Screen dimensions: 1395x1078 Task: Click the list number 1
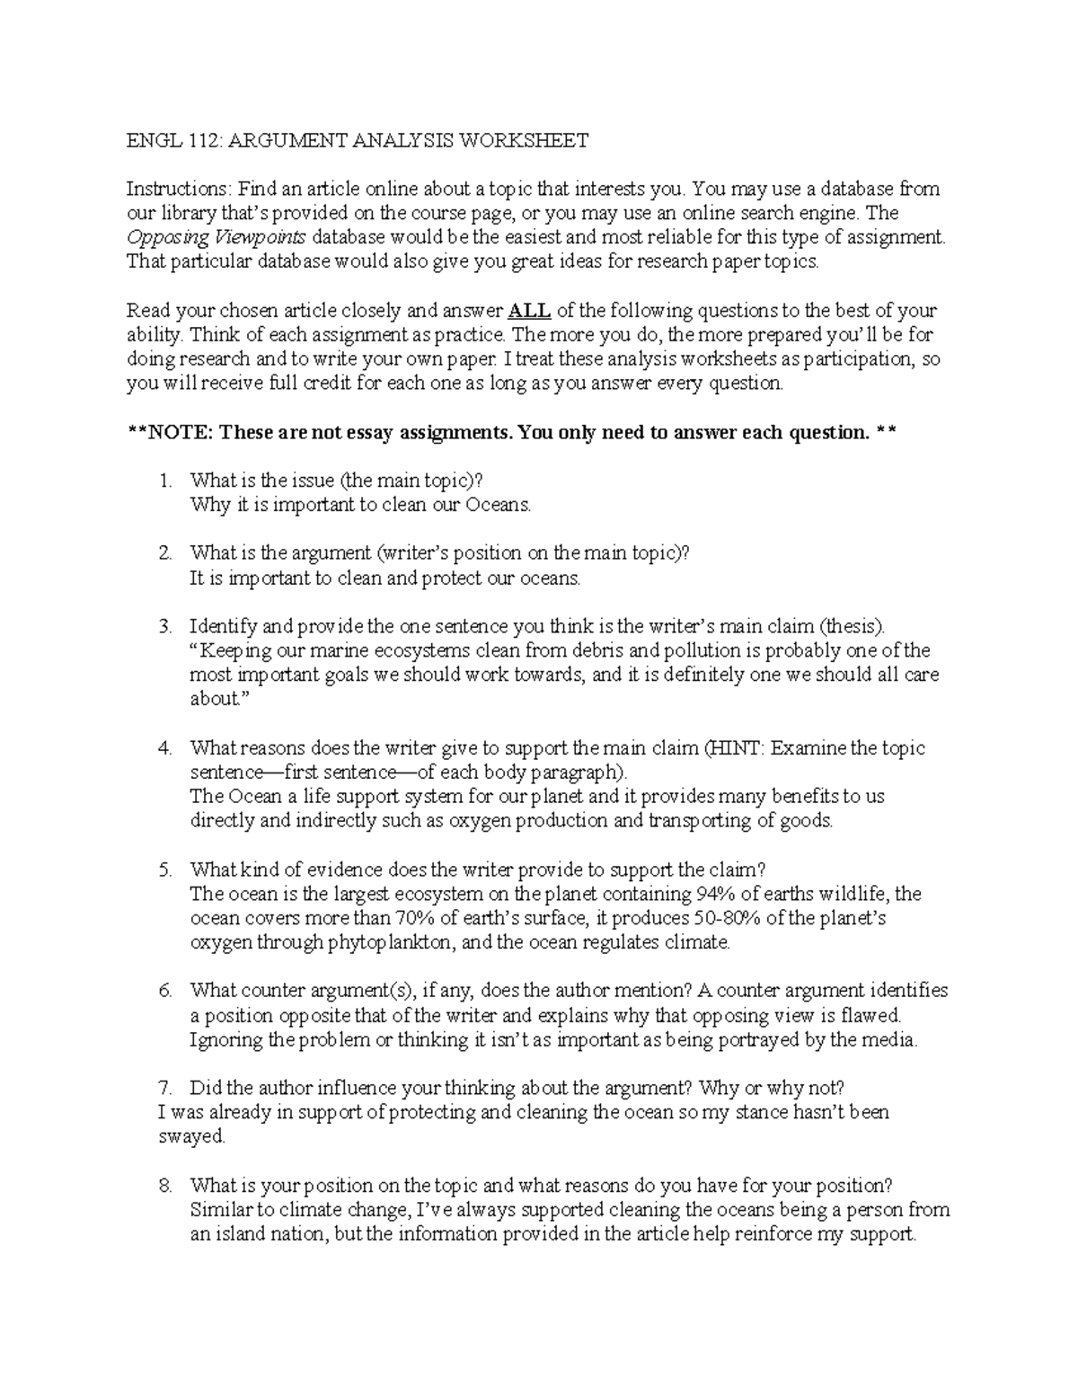click(x=164, y=481)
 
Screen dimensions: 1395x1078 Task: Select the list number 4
click(x=164, y=747)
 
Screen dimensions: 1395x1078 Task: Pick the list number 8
click(x=164, y=1185)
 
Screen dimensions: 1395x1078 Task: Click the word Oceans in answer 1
click(x=498, y=505)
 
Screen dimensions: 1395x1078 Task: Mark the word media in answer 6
click(x=895, y=1040)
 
